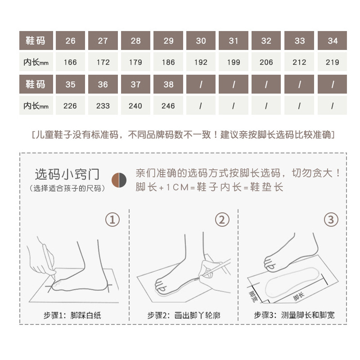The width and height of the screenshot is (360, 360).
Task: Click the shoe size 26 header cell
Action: point(70,41)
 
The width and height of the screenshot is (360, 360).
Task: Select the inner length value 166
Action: point(70,63)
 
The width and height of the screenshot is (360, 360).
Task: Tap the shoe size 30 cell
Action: point(201,41)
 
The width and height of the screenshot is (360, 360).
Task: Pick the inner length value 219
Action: point(333,63)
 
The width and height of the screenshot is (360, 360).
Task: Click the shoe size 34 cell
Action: point(333,41)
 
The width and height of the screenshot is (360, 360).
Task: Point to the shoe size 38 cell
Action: point(168,84)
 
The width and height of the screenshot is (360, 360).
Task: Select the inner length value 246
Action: point(168,106)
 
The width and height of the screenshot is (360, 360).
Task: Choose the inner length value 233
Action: point(103,106)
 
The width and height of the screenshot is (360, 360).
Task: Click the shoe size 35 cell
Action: point(70,84)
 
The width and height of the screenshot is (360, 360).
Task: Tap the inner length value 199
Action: point(234,63)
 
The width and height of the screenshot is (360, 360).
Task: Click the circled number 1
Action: point(112,220)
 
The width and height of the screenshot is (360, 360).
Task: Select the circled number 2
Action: point(222,220)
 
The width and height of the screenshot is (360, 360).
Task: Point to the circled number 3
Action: point(331,220)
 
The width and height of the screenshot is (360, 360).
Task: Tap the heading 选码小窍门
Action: point(67,174)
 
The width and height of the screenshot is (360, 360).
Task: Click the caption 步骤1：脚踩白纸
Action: point(72,315)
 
